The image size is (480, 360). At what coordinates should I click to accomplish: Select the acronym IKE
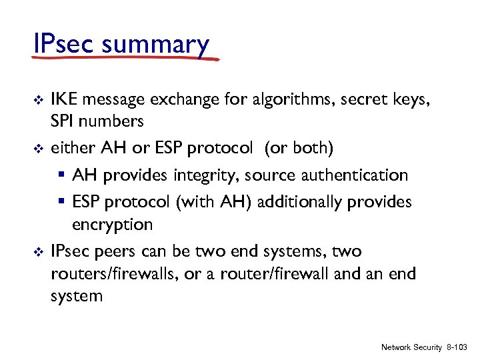(x=65, y=100)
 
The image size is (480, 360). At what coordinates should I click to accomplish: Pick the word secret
(x=365, y=100)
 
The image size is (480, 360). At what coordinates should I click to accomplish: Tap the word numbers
(x=110, y=122)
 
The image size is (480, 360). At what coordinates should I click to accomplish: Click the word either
(x=71, y=148)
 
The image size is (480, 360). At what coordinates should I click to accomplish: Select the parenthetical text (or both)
(x=300, y=148)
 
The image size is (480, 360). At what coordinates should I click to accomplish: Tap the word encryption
(x=112, y=225)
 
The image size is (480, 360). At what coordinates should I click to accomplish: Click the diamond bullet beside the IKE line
(x=38, y=101)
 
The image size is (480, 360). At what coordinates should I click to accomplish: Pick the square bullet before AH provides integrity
(x=62, y=176)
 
